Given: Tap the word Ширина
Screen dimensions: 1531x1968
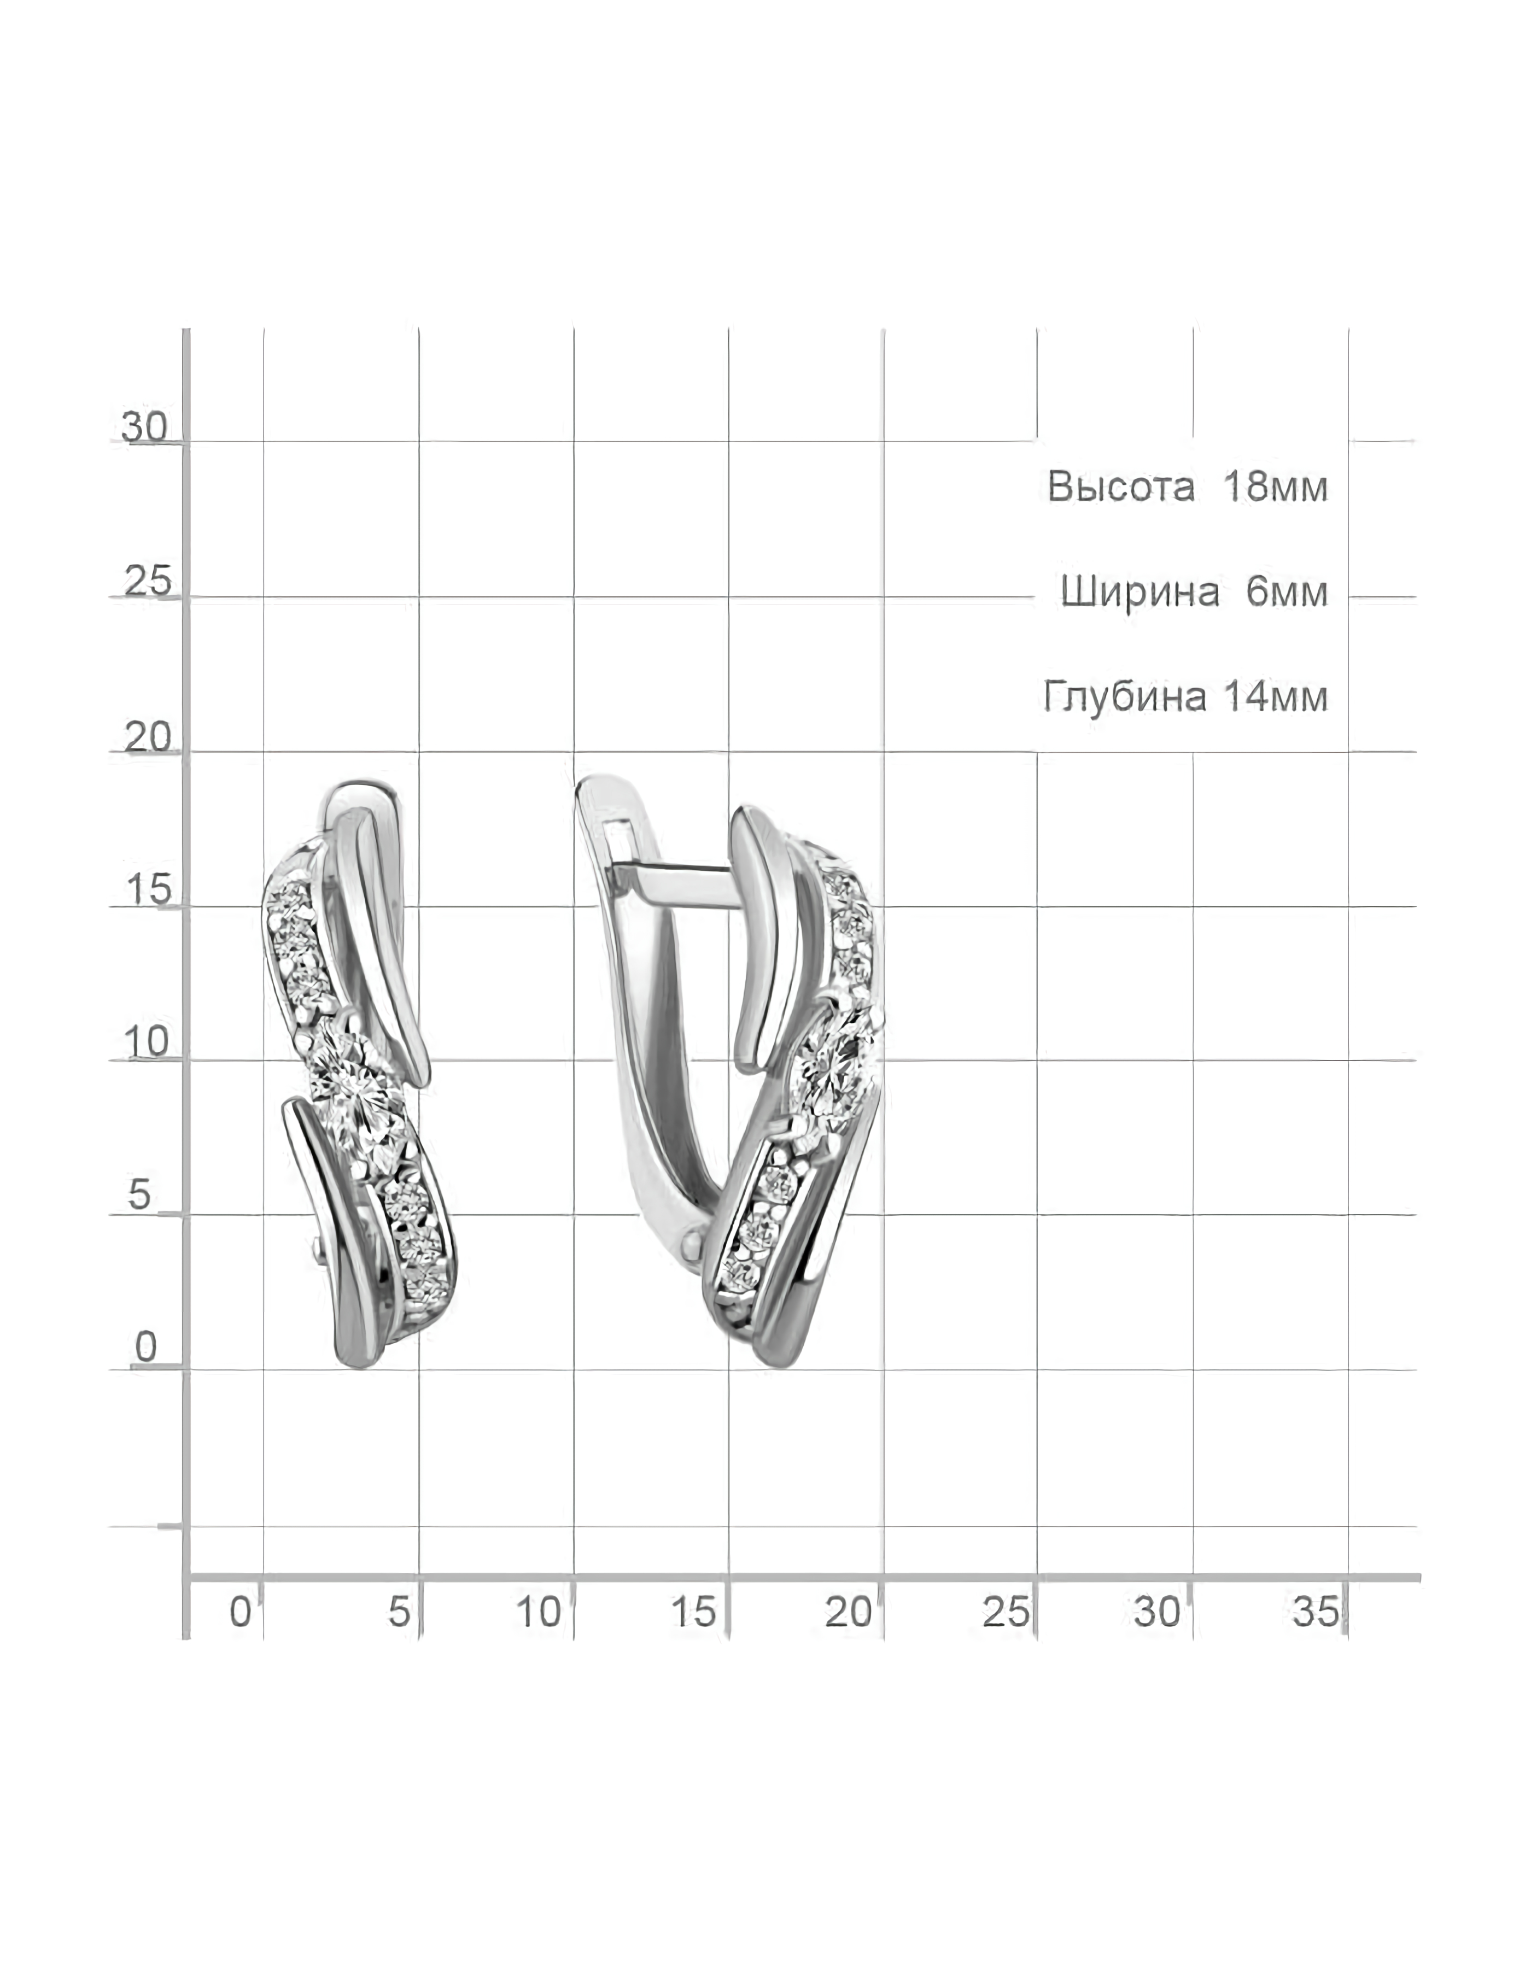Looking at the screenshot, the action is pos(1140,592).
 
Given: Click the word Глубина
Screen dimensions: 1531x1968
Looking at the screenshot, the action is pos(1125,696).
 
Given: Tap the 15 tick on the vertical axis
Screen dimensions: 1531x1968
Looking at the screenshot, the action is pos(148,891).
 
